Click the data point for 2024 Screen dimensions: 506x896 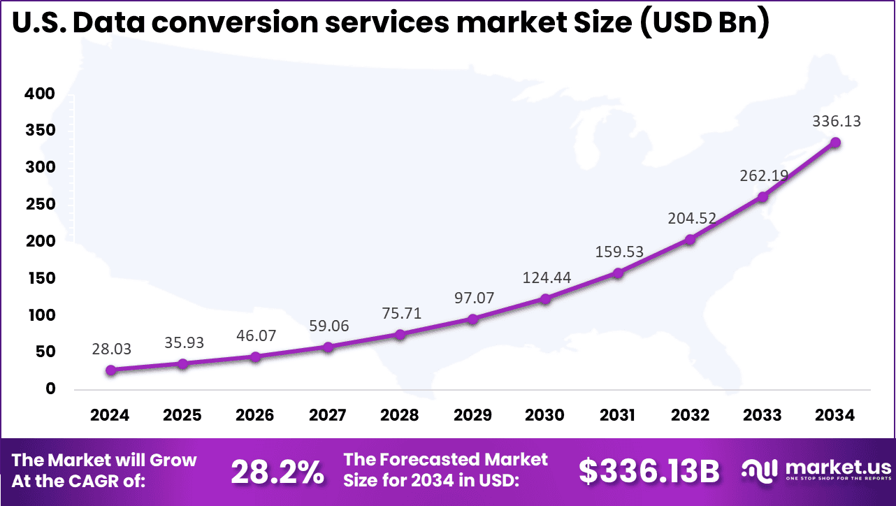pos(110,370)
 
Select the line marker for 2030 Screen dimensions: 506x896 pos(545,299)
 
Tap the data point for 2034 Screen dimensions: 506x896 pos(835,143)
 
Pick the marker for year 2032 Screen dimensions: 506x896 pos(690,240)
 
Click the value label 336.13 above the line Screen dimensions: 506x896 pos(836,121)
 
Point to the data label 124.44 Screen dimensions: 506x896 pos(547,277)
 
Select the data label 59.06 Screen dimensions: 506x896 pos(328,325)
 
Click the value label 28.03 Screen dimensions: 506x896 pos(111,348)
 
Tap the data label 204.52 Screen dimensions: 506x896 pos(691,218)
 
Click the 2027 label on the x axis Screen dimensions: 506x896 pos(327,415)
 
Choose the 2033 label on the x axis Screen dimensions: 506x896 pos(762,415)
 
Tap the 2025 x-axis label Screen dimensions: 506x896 pos(182,415)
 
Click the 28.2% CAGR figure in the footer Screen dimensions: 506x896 pos(277,473)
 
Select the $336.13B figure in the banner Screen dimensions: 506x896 pos(649,472)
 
